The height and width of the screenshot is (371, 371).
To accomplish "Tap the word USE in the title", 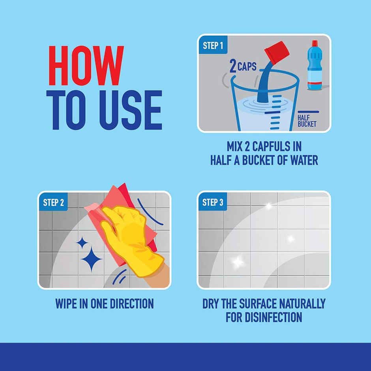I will pyautogui.click(x=130, y=110).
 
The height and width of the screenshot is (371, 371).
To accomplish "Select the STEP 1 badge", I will pyautogui.click(x=213, y=45).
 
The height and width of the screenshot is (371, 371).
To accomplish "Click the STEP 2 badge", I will pyautogui.click(x=53, y=202).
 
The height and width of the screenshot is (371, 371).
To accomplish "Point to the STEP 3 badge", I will pyautogui.click(x=212, y=202).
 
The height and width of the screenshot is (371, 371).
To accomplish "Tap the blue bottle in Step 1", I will pyautogui.click(x=315, y=67).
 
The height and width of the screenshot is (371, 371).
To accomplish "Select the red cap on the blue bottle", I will pyautogui.click(x=315, y=43).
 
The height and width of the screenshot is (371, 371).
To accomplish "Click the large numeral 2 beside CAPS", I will pyautogui.click(x=233, y=66).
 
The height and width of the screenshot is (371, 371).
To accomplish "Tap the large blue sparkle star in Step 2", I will pyautogui.click(x=91, y=259).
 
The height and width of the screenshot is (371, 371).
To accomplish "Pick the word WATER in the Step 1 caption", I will pyautogui.click(x=303, y=161).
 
